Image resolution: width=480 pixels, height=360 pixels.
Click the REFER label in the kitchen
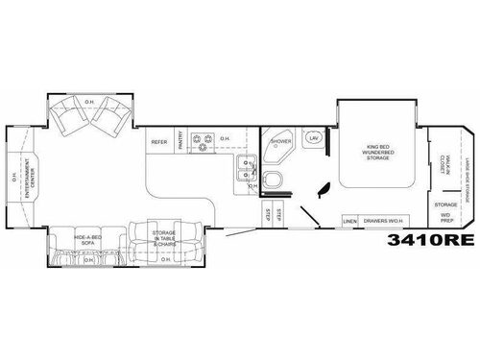159,142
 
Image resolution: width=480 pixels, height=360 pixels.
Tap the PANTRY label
179,142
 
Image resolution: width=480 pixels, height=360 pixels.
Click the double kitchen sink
247,170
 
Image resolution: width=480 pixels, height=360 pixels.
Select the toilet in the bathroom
273,181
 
